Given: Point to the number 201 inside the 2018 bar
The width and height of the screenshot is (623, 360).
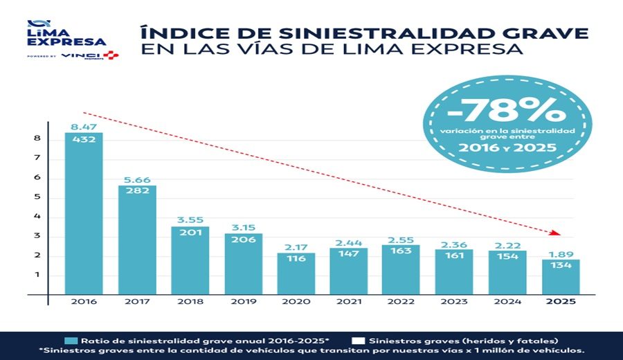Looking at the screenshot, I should (x=190, y=232).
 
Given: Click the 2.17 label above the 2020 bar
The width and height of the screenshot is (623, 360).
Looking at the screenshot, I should (x=296, y=247).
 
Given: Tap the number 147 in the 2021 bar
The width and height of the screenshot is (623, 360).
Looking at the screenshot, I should (x=349, y=253).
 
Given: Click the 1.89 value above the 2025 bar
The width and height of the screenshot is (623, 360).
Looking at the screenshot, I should (x=561, y=253).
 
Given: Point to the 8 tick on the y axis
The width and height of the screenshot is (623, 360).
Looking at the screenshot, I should (x=37, y=138).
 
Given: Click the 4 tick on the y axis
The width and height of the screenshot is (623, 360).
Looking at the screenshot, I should (x=37, y=216).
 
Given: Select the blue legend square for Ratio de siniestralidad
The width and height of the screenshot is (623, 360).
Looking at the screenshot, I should (x=71, y=340).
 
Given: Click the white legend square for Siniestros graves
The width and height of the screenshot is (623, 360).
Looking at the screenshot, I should (x=359, y=340).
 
